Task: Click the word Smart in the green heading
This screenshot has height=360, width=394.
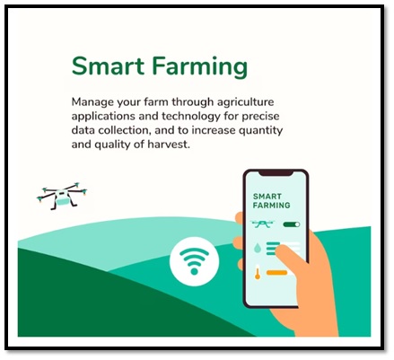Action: (x=108, y=66)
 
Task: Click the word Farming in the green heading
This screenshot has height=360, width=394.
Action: (x=200, y=67)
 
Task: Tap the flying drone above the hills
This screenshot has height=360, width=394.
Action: (x=62, y=196)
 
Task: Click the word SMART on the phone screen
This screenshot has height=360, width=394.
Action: (x=267, y=197)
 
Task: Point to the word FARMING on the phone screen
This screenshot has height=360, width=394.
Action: (x=271, y=206)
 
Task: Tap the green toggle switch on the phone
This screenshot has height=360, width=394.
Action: (x=292, y=224)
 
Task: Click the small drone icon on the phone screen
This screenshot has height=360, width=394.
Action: (x=263, y=224)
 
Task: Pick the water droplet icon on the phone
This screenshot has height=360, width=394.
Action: (x=257, y=248)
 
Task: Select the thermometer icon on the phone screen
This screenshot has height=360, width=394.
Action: (x=258, y=272)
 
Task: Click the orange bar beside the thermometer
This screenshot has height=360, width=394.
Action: (x=276, y=273)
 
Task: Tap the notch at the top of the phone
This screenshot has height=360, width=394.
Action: (x=276, y=173)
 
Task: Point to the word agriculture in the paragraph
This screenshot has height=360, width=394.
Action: (x=245, y=102)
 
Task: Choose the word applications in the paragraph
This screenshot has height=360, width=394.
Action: (x=103, y=117)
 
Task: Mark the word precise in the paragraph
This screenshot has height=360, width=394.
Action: (x=260, y=117)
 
